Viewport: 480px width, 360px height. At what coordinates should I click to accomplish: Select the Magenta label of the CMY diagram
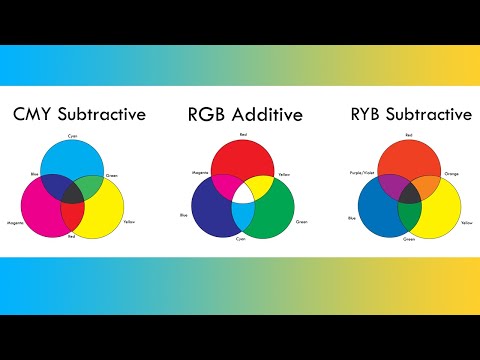[x=14, y=222]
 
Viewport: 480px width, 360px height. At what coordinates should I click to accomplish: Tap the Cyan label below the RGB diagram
[x=242, y=241]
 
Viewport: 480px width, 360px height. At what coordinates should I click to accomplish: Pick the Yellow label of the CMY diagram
[x=130, y=222]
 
